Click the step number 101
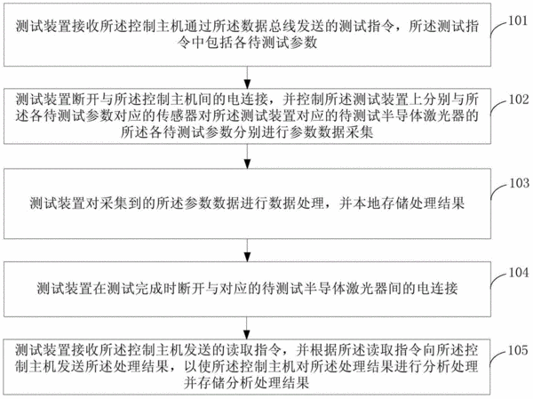click(x=517, y=20)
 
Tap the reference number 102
click(x=519, y=100)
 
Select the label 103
click(x=519, y=183)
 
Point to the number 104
click(x=519, y=273)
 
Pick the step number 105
click(x=518, y=350)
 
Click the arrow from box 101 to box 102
click(x=248, y=77)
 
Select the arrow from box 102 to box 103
click(x=248, y=156)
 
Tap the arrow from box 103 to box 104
click(x=248, y=251)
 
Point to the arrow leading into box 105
click(x=248, y=328)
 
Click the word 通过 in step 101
click(x=206, y=26)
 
